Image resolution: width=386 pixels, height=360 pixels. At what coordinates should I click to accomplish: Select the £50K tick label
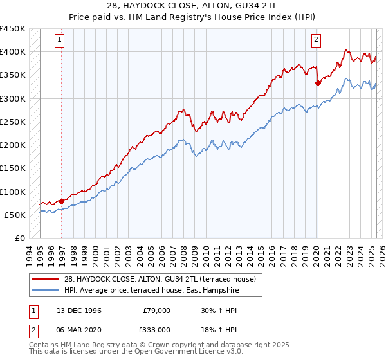[x=15, y=215]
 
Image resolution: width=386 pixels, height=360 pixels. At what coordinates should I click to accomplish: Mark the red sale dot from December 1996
[x=62, y=201]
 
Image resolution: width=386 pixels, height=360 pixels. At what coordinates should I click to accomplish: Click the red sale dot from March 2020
[x=318, y=83]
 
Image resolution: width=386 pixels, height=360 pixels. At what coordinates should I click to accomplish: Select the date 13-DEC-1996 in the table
[x=80, y=310]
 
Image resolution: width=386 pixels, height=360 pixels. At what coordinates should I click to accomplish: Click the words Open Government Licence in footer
[x=174, y=354]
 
